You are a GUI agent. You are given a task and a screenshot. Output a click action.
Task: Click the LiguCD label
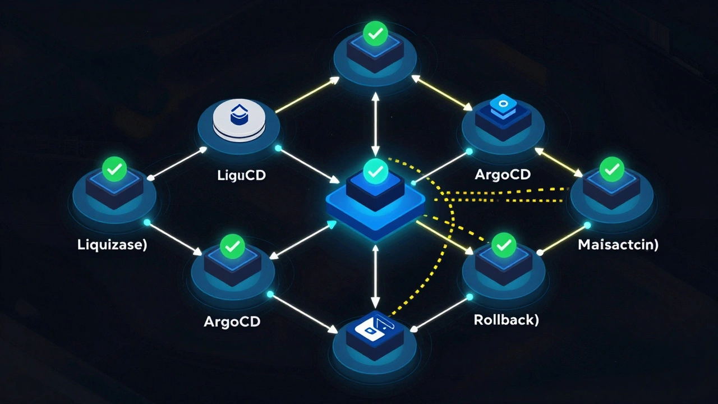click(241, 175)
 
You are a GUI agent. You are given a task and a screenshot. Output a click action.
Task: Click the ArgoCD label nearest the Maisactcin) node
click(502, 174)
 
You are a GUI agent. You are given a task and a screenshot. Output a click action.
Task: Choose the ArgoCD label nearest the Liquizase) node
click(232, 323)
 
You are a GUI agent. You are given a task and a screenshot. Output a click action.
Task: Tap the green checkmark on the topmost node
click(374, 33)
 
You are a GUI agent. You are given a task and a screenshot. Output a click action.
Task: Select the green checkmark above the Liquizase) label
click(114, 168)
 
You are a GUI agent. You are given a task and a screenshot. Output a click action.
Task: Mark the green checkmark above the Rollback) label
click(503, 245)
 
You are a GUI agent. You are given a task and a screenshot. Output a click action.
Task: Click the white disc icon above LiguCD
click(239, 120)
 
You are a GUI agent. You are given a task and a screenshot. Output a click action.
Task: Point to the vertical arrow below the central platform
click(375, 278)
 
